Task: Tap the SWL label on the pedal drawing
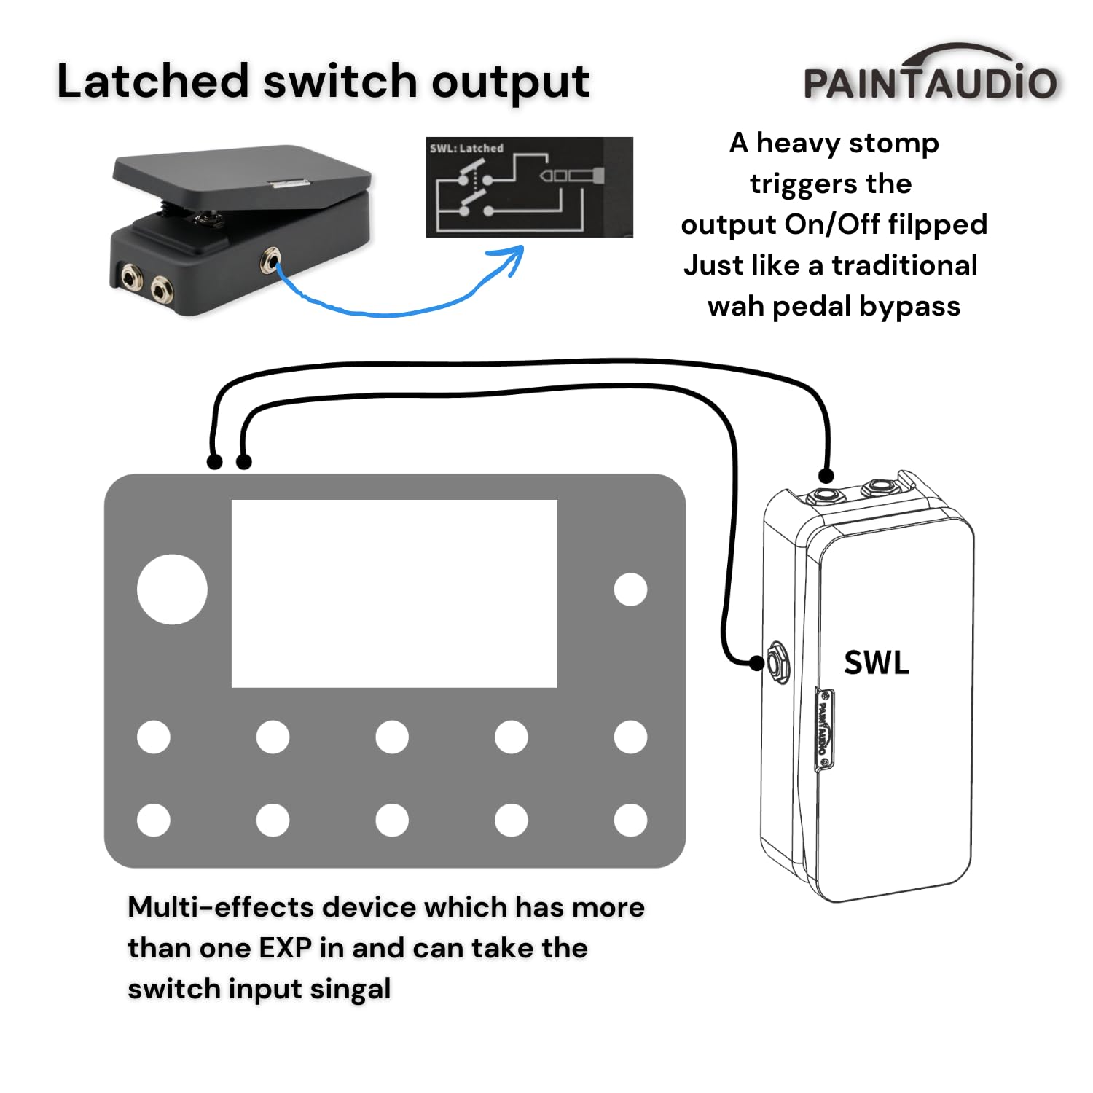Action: coord(877,662)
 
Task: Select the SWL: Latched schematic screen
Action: coord(529,187)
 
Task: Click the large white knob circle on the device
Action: coord(172,589)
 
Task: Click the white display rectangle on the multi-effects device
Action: coord(394,593)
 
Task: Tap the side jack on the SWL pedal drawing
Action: coord(778,662)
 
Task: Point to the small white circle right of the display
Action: coord(630,589)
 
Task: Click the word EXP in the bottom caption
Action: coord(285,948)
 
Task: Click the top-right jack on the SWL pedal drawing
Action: coord(880,487)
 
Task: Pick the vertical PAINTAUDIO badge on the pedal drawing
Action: coord(823,728)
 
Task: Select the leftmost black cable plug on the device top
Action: coord(214,461)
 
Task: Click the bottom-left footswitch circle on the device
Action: coord(154,820)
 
